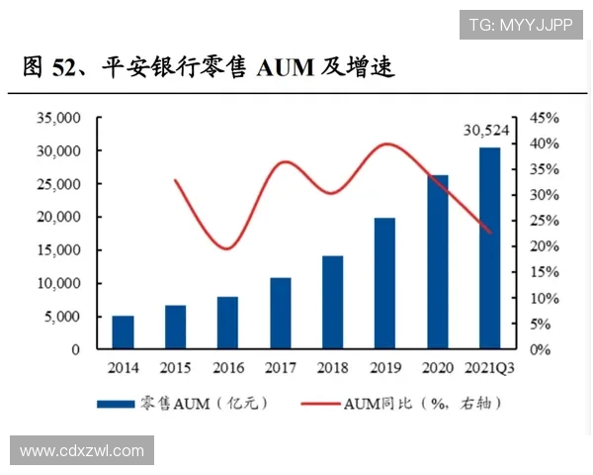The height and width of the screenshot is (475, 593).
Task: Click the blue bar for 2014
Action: point(123,332)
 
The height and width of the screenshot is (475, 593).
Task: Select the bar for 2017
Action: point(281,314)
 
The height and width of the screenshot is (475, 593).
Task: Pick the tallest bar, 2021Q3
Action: point(489,248)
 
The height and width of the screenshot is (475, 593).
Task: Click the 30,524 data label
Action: point(487,130)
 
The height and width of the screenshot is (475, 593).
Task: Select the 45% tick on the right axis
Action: point(544,118)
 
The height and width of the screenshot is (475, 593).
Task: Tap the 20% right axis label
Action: point(544,246)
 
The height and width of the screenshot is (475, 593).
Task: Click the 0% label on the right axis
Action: point(540,349)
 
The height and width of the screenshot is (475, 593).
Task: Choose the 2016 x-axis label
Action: point(227,368)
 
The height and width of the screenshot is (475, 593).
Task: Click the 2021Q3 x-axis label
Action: point(489,368)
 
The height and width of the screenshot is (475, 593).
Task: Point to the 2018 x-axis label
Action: point(332,368)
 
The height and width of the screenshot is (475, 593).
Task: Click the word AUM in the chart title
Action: point(283,68)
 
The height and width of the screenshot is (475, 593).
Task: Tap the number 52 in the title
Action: point(63,68)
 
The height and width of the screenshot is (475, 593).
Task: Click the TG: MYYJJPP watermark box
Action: point(520,24)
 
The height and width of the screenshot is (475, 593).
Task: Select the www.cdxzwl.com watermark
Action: point(82,451)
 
